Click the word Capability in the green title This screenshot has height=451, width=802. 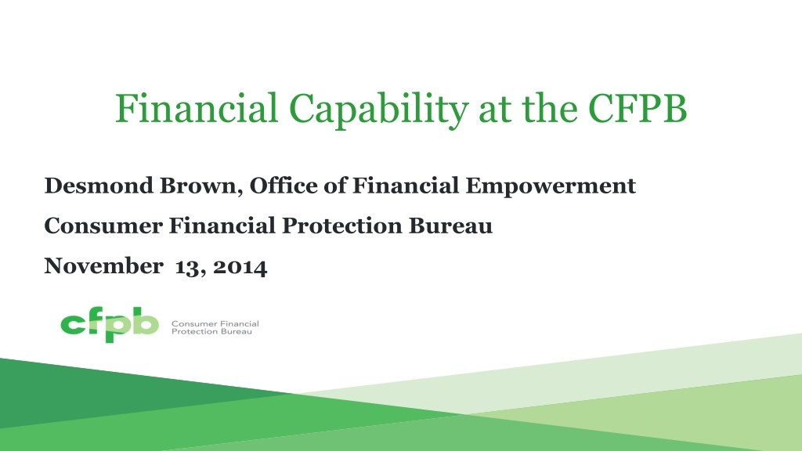(378, 110)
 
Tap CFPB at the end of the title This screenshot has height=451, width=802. (638, 108)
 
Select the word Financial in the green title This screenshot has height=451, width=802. (197, 108)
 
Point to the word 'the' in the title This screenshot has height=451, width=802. (550, 108)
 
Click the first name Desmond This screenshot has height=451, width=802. (99, 185)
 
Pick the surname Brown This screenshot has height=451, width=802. (198, 185)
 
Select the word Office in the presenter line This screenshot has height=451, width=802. (284, 185)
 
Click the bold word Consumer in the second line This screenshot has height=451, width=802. (103, 225)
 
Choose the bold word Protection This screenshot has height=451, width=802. (341, 225)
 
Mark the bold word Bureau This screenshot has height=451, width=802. (450, 225)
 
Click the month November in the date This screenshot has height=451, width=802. (104, 266)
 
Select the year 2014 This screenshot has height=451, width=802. (240, 267)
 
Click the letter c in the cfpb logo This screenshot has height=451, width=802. (72, 324)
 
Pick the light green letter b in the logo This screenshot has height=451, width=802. (145, 320)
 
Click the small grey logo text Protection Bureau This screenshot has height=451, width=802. (211, 331)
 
